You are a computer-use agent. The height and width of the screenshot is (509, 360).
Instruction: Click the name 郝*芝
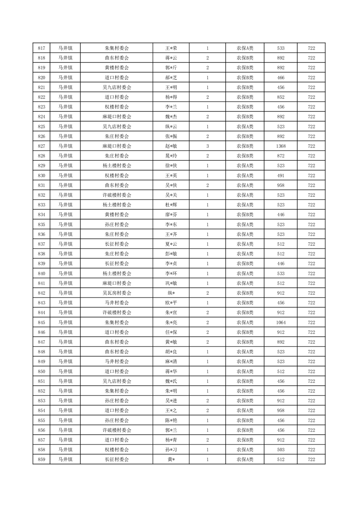click(171, 78)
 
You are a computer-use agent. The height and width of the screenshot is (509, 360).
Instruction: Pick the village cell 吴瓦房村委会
click(117, 293)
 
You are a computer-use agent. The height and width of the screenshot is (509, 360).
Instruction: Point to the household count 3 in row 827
click(207, 146)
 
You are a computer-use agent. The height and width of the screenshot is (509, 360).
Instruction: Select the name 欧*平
click(171, 303)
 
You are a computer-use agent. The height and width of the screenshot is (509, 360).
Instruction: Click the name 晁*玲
click(171, 156)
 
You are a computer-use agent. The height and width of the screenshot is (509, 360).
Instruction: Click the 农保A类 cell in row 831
click(245, 185)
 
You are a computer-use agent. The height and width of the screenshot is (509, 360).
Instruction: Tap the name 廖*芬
click(171, 215)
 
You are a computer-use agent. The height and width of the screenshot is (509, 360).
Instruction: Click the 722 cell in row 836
click(311, 235)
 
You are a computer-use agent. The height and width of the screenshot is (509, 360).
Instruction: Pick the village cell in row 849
click(117, 362)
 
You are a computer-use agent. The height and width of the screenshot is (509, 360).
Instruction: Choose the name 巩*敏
click(171, 284)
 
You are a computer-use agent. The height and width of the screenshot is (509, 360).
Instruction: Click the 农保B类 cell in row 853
click(245, 401)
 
